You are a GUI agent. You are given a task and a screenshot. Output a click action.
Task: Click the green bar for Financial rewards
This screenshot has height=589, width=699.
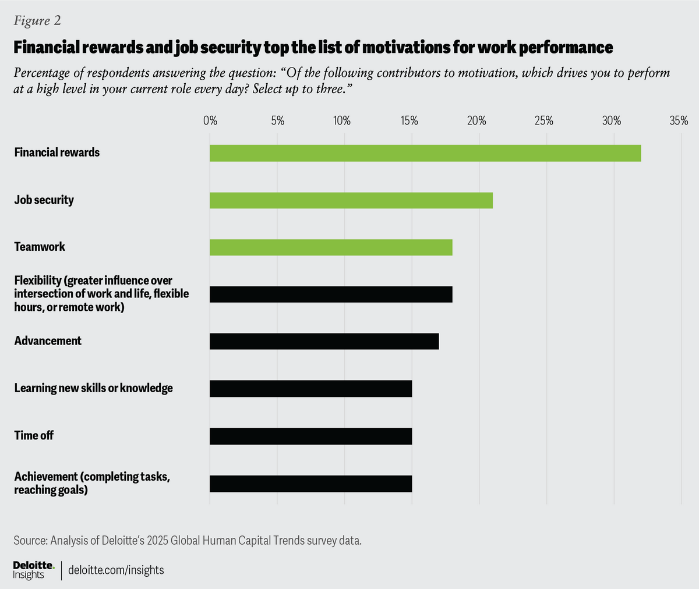[425, 153]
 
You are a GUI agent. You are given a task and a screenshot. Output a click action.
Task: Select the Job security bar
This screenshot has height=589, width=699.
[351, 200]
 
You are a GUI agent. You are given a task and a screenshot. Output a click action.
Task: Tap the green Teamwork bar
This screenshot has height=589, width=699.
[331, 247]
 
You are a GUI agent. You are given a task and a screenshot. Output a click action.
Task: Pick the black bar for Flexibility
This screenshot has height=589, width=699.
[331, 294]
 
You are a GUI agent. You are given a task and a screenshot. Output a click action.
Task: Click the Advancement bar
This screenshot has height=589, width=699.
[324, 341]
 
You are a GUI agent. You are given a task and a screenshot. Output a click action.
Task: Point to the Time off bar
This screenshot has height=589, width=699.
[310, 436]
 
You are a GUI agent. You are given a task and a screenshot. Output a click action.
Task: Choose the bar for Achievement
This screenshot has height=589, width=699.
[310, 484]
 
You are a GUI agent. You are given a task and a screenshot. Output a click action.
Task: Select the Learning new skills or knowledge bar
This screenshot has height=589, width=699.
[310, 388]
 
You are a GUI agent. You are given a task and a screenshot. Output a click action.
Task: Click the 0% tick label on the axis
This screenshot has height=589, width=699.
[210, 121]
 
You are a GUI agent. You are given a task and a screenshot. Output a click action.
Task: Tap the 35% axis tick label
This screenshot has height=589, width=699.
[679, 121]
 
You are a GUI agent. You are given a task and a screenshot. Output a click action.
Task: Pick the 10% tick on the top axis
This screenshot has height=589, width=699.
[342, 121]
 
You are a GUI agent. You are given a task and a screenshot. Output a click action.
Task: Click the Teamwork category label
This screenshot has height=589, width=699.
[40, 247]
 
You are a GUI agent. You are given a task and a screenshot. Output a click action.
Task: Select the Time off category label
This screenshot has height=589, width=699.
[34, 435]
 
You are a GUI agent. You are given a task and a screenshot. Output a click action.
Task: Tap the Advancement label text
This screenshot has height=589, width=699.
[48, 341]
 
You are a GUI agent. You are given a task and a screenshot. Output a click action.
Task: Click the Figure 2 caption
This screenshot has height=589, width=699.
[37, 21]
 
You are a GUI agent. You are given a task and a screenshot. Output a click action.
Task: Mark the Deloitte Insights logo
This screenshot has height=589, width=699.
[34, 570]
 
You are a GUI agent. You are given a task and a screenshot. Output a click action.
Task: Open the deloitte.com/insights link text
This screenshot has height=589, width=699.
[116, 570]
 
